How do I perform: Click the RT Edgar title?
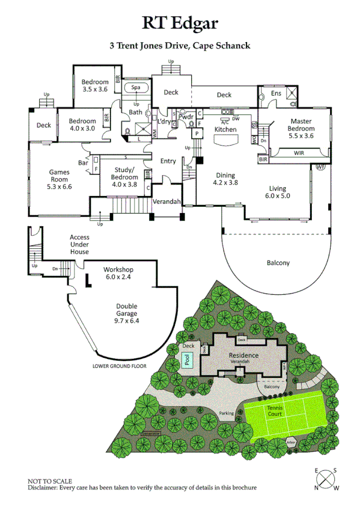[x=180, y=23]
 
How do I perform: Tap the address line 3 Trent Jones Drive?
[x=180, y=45]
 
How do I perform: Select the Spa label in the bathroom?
[x=136, y=88]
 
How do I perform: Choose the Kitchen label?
[x=225, y=129]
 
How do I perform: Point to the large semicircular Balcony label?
[x=278, y=263]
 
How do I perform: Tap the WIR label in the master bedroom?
[x=299, y=153]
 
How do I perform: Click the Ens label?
[x=276, y=94]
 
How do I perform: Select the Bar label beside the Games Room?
[x=84, y=162]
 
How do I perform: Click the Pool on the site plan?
[x=186, y=361]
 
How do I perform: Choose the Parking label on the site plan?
[x=226, y=413]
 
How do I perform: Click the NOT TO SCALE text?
[x=50, y=481]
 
